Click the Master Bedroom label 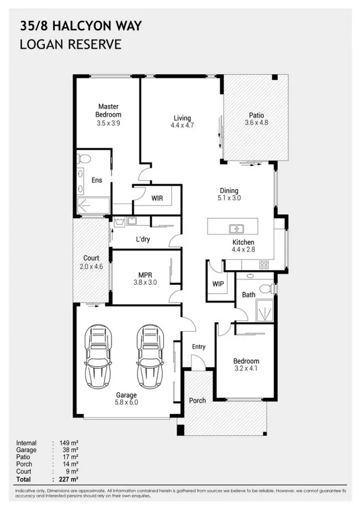(x=108, y=110)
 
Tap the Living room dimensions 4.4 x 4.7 (x=182, y=126)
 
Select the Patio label (x=256, y=115)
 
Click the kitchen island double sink (x=236, y=229)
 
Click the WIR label (x=157, y=198)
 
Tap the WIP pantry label (x=218, y=284)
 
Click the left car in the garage (x=99, y=356)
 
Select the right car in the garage (x=150, y=356)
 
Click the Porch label (x=197, y=400)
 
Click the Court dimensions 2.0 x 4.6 (x=91, y=266)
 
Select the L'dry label (x=142, y=239)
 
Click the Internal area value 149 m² (x=69, y=443)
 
